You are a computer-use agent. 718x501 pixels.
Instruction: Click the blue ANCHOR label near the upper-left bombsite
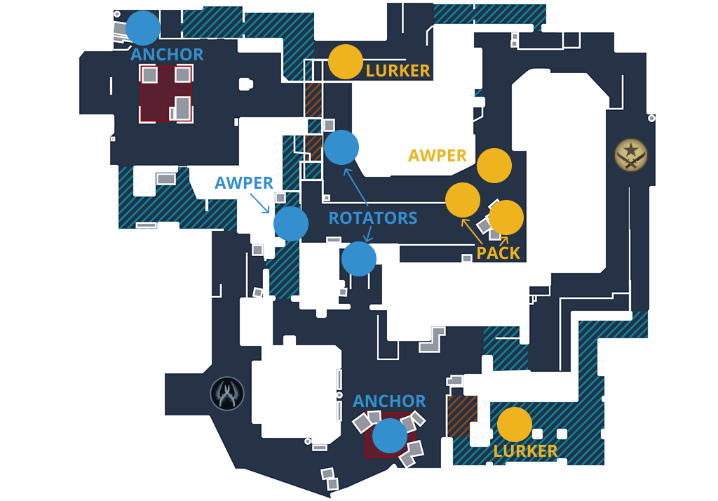tap(167, 54)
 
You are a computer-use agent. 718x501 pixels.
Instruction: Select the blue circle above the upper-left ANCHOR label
tap(143, 28)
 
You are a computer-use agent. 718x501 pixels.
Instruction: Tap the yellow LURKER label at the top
tap(398, 70)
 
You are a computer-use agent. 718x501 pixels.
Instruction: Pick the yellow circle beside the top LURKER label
tap(346, 62)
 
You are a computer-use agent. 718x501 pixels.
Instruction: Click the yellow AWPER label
tap(438, 155)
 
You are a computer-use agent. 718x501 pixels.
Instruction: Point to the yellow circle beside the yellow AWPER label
tap(494, 166)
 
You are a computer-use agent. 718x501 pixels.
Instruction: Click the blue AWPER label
tap(244, 182)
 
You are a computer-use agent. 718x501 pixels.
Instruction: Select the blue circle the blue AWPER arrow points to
tap(291, 224)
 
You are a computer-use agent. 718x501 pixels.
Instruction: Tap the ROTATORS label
tap(373, 218)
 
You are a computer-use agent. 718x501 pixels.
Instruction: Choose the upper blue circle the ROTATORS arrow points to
tap(341, 147)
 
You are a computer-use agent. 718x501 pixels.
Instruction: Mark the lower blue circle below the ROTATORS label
tap(359, 259)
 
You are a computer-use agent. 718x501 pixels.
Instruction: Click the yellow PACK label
tap(499, 253)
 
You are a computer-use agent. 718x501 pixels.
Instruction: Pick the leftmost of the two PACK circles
tap(463, 200)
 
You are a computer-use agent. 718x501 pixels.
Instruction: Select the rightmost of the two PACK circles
tap(506, 218)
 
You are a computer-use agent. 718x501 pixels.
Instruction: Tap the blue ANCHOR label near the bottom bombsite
tap(389, 401)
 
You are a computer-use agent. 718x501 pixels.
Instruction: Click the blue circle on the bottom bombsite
tap(390, 436)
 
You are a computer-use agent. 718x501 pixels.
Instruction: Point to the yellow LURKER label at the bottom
tap(525, 450)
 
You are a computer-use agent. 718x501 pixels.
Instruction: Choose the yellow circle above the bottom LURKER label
tap(515, 425)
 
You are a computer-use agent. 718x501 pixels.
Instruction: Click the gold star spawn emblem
tap(631, 155)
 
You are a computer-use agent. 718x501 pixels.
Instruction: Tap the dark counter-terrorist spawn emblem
tap(227, 394)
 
